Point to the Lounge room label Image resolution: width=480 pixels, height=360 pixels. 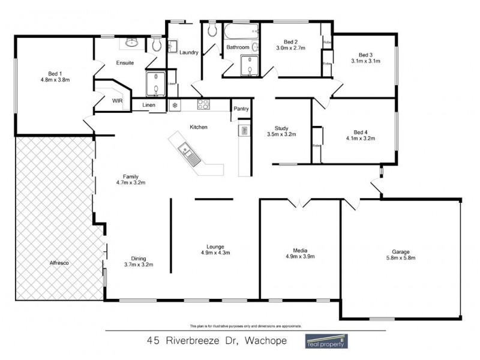pos(215,247)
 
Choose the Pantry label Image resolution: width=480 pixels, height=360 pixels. pos(241,109)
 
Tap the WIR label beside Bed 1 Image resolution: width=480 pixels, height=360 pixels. pos(117,101)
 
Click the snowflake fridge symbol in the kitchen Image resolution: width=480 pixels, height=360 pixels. pos(175,106)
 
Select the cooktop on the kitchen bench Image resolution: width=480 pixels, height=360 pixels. pos(204,105)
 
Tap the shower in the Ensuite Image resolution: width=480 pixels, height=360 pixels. pos(156,84)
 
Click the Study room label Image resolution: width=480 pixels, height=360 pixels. pos(281,128)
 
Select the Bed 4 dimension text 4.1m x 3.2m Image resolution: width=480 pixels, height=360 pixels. pos(360,138)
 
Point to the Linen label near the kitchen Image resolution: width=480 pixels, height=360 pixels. pos(149,106)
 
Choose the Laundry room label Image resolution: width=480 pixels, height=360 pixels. pos(189,53)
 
